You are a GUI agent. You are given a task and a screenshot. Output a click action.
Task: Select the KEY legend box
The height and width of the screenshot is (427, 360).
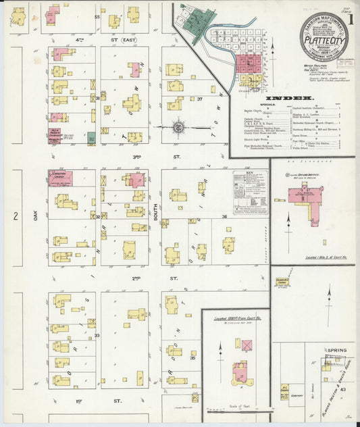point(250,192)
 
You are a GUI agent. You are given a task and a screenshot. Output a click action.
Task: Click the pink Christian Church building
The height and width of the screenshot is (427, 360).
point(61,178)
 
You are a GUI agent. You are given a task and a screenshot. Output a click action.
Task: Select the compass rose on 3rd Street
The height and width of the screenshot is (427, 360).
point(178,126)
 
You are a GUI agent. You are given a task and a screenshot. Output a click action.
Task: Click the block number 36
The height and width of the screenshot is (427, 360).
point(224,216)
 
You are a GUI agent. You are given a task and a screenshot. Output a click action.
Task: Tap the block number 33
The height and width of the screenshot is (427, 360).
point(97,335)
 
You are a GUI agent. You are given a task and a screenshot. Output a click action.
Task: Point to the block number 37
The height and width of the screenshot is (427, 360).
point(199,99)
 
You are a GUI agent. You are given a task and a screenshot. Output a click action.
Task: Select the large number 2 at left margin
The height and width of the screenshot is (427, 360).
point(15,216)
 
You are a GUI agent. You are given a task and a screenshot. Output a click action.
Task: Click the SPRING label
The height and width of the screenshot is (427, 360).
point(336,350)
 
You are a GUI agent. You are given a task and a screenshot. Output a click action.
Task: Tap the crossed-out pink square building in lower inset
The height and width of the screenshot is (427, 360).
point(247,346)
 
